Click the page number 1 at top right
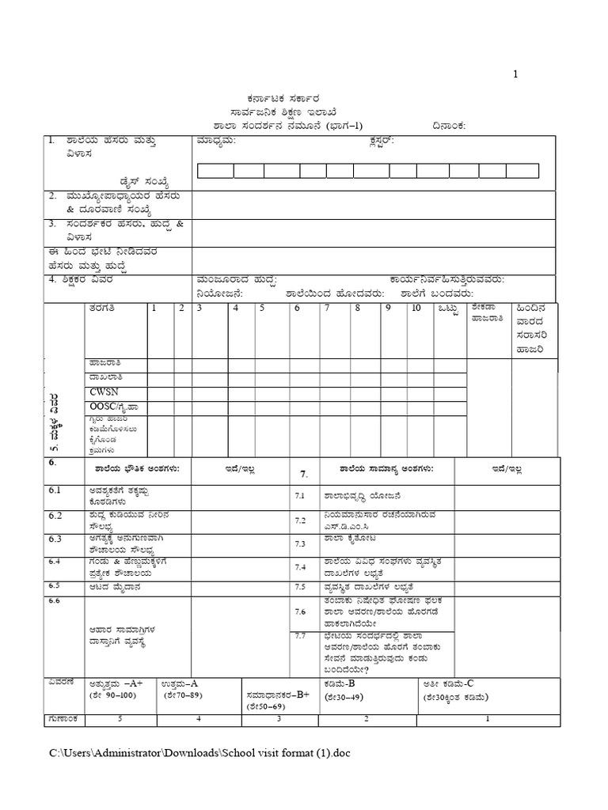[x=515, y=74]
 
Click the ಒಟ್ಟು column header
[x=448, y=308]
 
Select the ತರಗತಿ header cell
[x=103, y=308]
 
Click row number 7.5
[x=300, y=587]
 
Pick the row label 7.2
[x=300, y=520]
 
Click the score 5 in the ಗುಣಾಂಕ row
[x=118, y=719]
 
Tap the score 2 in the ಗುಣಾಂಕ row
[x=366, y=719]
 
